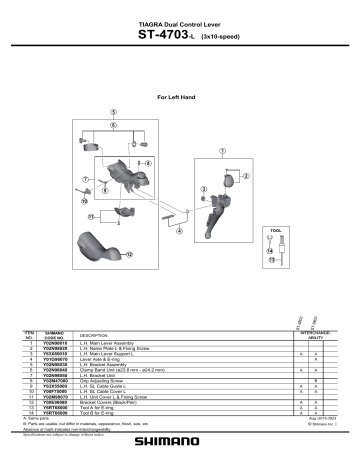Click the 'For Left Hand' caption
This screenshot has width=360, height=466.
point(181,97)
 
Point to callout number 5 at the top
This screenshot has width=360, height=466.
point(114,112)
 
